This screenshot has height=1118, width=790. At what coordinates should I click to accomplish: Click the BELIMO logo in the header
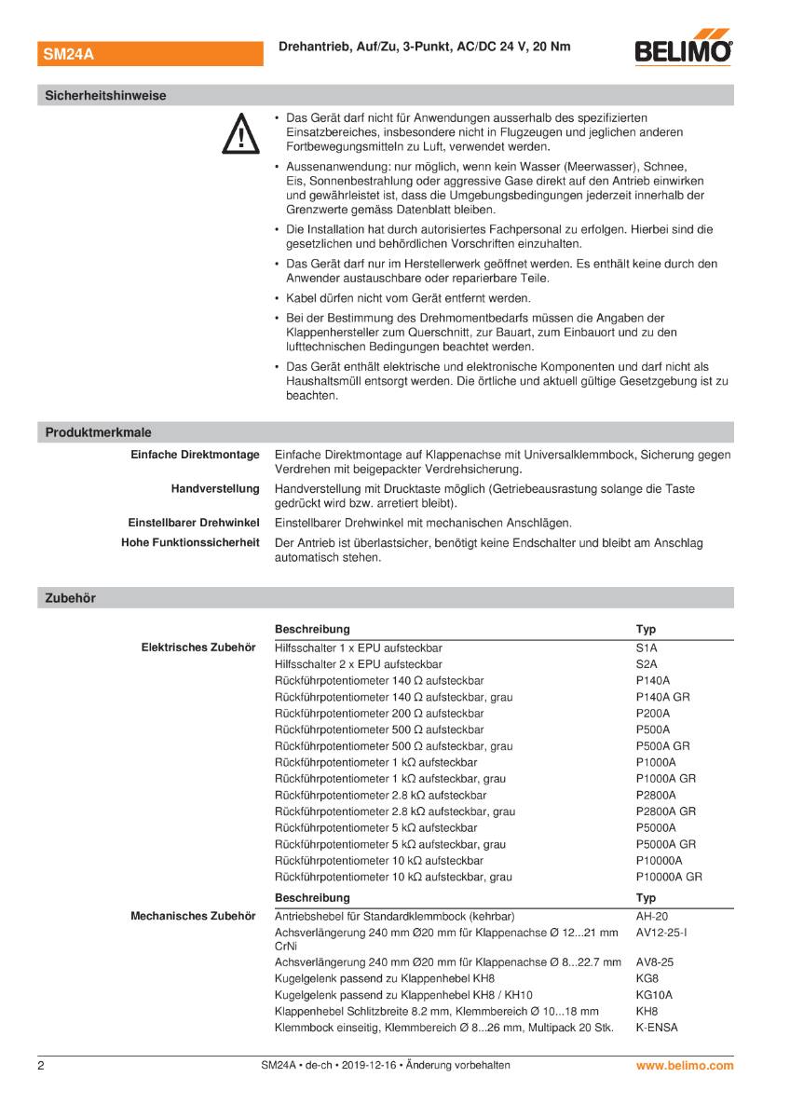pos(683,51)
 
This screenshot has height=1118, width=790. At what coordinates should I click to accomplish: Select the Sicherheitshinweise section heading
pos(105,95)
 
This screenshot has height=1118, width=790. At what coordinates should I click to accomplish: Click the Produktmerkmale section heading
pos(98,432)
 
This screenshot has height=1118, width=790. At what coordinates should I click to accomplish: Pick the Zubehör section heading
pos(70,598)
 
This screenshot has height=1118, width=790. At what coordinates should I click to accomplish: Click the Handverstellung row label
pos(214,489)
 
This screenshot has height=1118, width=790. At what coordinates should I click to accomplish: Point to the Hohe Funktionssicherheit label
pos(190,542)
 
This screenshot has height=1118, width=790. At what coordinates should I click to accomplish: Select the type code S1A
pos(647,648)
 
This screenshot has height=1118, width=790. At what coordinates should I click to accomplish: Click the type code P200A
pos(652,713)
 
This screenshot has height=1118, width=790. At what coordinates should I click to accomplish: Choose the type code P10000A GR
pos(668,877)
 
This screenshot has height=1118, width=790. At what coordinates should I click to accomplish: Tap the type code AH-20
pos(651,916)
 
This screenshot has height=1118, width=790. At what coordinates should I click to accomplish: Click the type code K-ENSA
pos(657,1028)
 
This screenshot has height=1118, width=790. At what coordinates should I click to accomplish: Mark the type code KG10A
pos(654,994)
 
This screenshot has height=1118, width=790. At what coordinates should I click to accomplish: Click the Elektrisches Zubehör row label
pos(198,648)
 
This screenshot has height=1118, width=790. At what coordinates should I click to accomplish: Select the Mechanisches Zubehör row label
pos(192,916)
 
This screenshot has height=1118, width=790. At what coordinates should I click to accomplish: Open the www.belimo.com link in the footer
pos(685,1065)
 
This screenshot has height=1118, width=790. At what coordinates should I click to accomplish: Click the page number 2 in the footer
pos(41,1065)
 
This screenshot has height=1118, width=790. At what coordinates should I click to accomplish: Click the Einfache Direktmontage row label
pos(194,455)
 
